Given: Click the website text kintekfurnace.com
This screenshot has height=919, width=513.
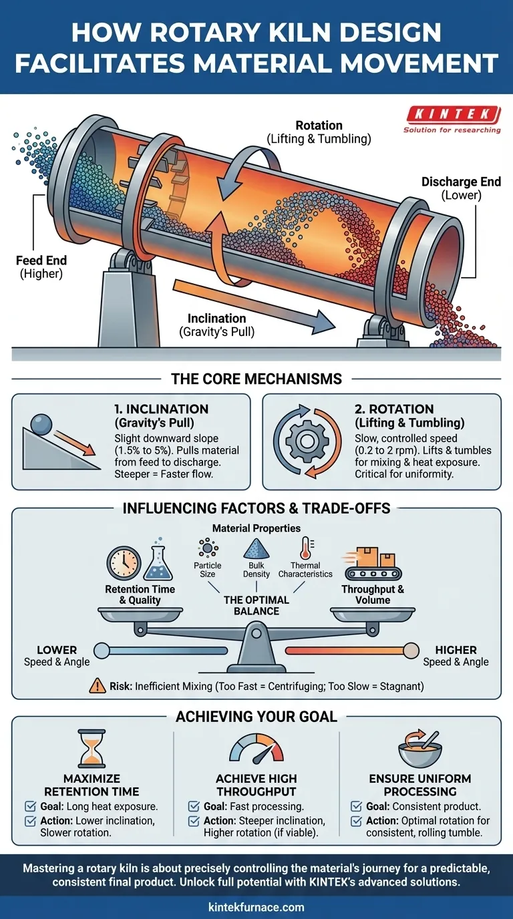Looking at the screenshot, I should point(256,907).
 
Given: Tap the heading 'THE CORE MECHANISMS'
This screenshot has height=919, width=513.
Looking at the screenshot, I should point(256,379).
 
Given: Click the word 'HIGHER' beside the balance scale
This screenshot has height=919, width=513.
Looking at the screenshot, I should point(456,650).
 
